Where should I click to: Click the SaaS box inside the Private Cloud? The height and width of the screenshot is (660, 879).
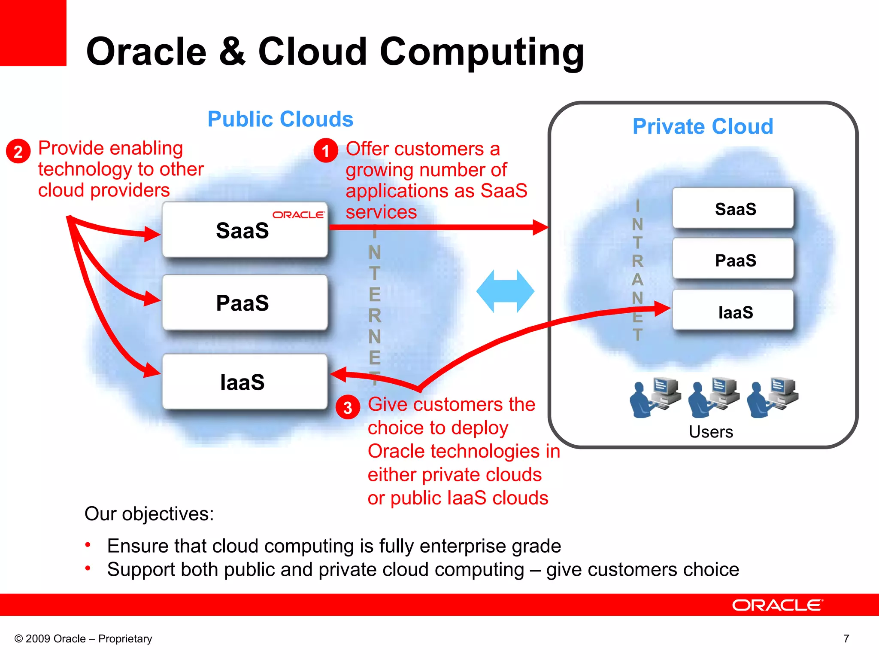pyautogui.click(x=733, y=209)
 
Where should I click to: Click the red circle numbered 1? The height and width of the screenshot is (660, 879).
pyautogui.click(x=326, y=150)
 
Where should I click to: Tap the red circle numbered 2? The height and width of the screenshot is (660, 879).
pyautogui.click(x=18, y=151)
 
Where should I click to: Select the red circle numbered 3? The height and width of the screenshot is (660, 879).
pyautogui.click(x=348, y=407)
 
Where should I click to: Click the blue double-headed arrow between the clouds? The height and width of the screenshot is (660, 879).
pyautogui.click(x=505, y=291)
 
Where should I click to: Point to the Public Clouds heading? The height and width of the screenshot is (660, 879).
pyautogui.click(x=280, y=119)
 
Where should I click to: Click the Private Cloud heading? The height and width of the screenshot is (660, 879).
pyautogui.click(x=703, y=126)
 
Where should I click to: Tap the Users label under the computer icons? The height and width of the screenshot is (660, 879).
pyautogui.click(x=711, y=432)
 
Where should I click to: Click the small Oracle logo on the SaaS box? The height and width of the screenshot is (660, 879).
pyautogui.click(x=298, y=214)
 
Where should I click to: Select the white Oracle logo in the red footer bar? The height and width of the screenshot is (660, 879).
pyautogui.click(x=777, y=605)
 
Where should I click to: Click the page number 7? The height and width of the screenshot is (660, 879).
pyautogui.click(x=846, y=639)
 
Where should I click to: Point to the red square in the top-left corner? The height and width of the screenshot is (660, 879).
pyautogui.click(x=33, y=33)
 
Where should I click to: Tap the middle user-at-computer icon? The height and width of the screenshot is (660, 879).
pyautogui.click(x=714, y=397)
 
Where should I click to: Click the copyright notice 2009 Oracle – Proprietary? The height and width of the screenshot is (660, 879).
pyautogui.click(x=83, y=639)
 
